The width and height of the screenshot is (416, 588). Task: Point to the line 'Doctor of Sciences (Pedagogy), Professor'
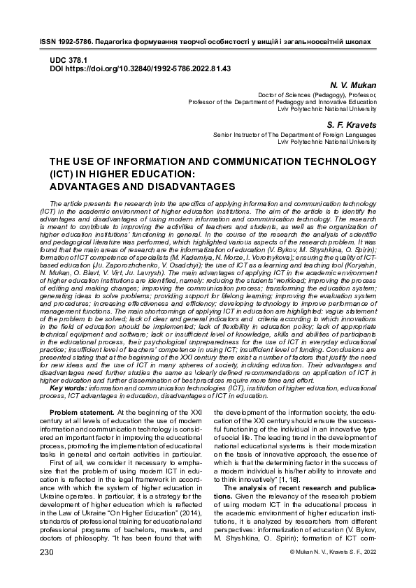click(x=317, y=94)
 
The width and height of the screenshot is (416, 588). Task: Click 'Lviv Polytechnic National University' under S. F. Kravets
click(x=327, y=141)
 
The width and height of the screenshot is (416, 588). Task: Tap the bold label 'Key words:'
click(x=69, y=388)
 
